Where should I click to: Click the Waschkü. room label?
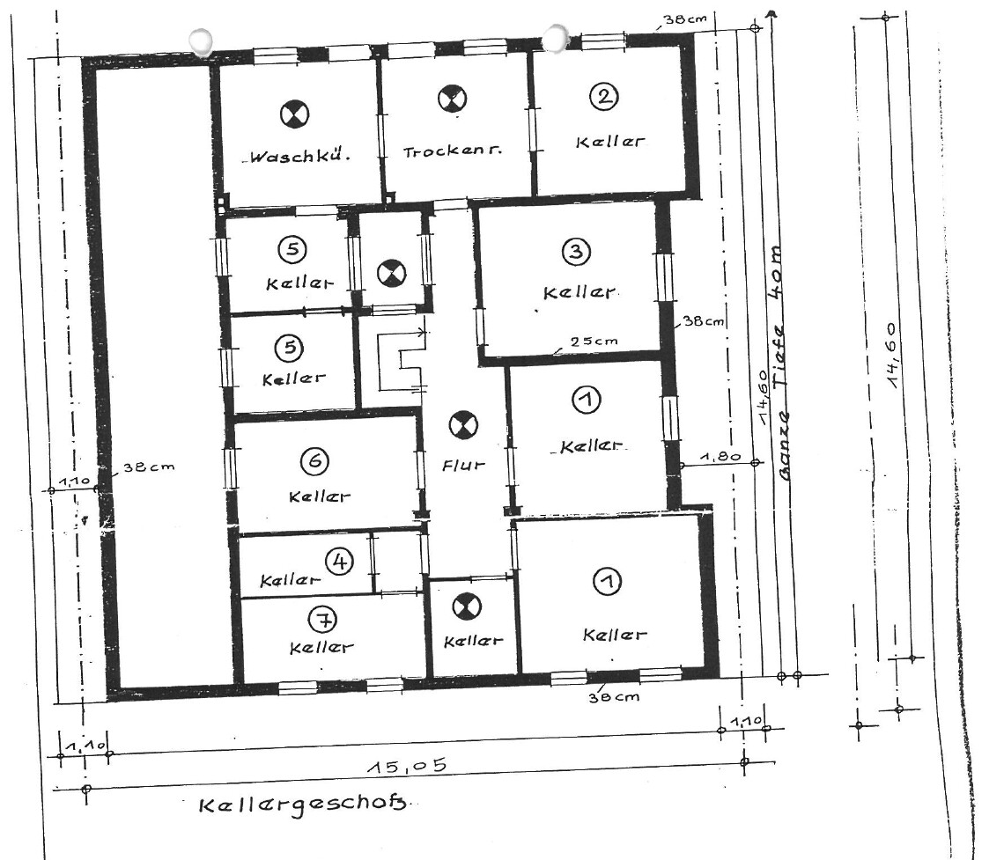tap(299, 156)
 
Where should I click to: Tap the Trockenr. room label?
tap(452, 151)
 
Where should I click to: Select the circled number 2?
tap(604, 97)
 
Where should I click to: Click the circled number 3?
tap(576, 252)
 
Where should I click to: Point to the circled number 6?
tap(314, 460)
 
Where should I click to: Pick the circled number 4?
tap(339, 562)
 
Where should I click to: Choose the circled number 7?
tap(323, 619)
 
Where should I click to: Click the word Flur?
tap(463, 465)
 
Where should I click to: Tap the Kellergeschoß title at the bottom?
tap(302, 803)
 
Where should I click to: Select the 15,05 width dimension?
tap(407, 765)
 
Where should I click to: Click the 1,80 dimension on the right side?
tap(720, 457)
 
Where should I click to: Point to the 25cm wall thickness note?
tap(594, 341)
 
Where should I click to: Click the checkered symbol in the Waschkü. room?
tap(294, 114)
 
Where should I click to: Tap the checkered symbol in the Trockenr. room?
tap(452, 99)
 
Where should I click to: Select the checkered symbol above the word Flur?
tap(463, 425)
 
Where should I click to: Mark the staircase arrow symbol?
tap(402, 360)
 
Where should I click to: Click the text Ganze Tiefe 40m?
tap(784, 362)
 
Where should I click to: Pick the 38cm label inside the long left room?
tap(149, 467)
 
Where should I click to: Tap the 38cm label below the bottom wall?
tap(614, 696)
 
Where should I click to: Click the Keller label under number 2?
tap(610, 142)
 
